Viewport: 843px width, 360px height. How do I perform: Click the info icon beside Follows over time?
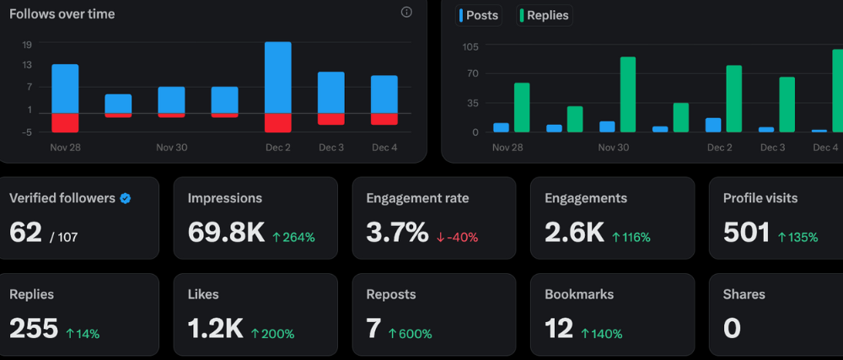click(x=406, y=13)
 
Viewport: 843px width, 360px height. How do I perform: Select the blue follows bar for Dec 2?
click(x=277, y=77)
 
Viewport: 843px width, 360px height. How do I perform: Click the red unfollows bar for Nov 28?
click(x=65, y=122)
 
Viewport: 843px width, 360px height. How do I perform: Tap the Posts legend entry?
click(x=479, y=15)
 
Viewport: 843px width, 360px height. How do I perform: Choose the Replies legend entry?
click(x=544, y=15)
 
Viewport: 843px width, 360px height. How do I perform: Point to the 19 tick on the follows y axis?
click(x=27, y=45)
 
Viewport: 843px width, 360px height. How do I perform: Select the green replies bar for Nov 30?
click(x=627, y=94)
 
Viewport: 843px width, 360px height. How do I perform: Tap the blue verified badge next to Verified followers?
click(x=125, y=199)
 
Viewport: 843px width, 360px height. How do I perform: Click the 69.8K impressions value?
click(x=225, y=233)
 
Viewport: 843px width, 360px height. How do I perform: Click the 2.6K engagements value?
click(x=574, y=233)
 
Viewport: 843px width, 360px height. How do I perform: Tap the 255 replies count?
click(x=34, y=329)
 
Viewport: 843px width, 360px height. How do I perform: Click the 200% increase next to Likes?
click(x=272, y=334)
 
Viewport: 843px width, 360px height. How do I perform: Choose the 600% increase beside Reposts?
click(x=410, y=334)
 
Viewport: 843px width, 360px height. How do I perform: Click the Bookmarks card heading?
click(x=579, y=294)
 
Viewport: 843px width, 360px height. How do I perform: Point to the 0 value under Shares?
click(x=732, y=329)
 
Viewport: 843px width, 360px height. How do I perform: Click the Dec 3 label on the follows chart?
click(x=330, y=148)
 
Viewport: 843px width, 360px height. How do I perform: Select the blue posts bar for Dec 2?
click(x=713, y=125)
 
